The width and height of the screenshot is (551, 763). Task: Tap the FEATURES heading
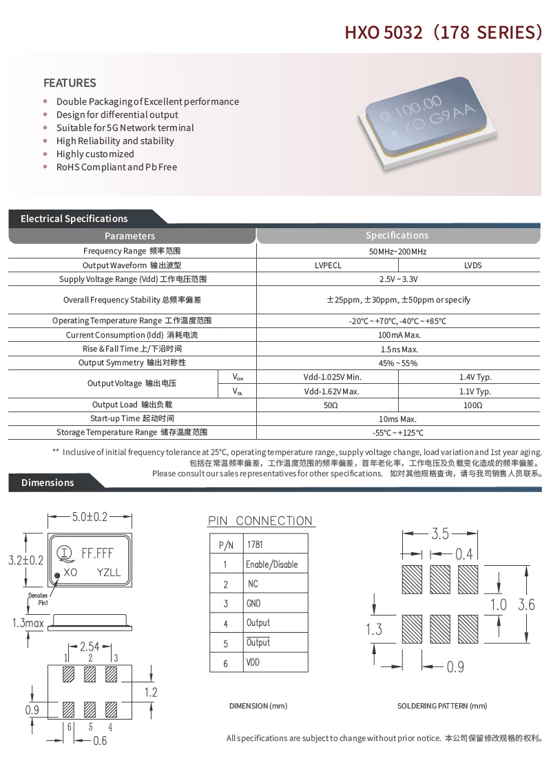(70, 83)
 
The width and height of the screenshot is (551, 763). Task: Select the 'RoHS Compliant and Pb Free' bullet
(116, 167)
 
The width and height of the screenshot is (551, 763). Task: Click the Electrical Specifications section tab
(74, 218)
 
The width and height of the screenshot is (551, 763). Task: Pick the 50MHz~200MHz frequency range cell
(397, 252)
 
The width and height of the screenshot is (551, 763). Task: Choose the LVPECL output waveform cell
(327, 265)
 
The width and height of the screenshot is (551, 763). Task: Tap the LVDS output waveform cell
(472, 265)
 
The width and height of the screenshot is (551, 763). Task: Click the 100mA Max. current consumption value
(398, 335)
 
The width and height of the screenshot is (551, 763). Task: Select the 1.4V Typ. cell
(475, 377)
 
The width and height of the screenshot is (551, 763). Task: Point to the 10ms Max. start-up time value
(398, 419)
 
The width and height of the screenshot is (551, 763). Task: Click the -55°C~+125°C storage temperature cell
(398, 433)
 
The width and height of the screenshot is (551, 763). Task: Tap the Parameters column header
(129, 236)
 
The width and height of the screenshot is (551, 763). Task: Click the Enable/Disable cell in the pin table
(272, 564)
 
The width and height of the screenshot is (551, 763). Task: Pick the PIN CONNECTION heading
(260, 521)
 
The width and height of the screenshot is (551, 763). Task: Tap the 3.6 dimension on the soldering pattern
(526, 604)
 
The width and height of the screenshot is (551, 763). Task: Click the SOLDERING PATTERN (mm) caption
(441, 706)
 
